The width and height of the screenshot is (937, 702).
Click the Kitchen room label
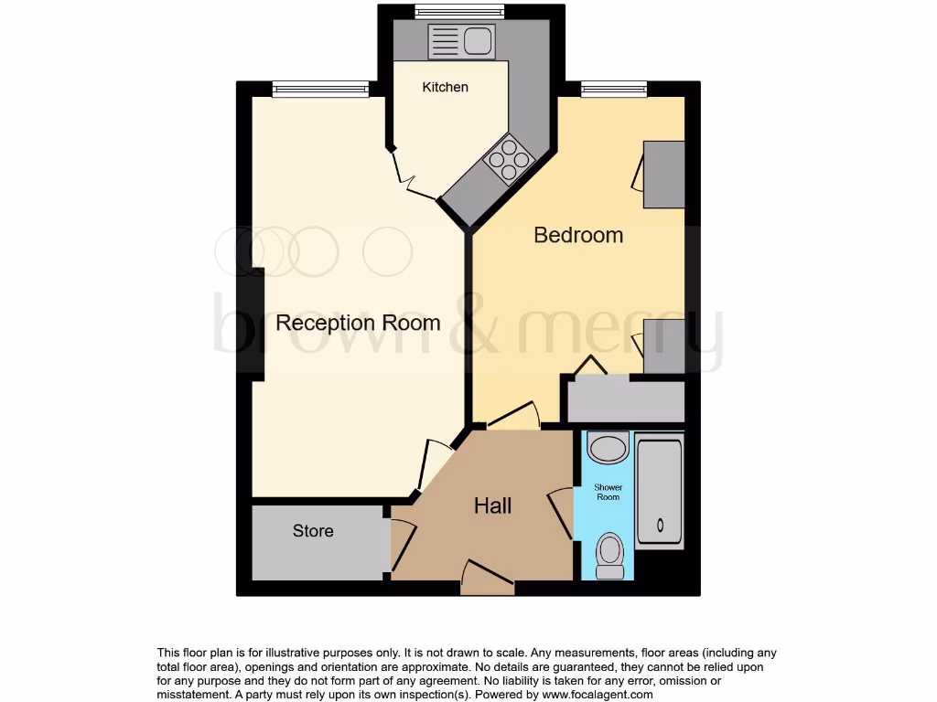tap(445, 87)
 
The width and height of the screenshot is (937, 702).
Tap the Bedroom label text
tap(578, 235)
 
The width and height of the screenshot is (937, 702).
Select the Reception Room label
tap(358, 323)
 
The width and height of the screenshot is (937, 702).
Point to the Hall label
tap(492, 505)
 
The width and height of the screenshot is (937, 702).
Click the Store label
tap(313, 531)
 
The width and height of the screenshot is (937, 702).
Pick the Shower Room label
tap(608, 492)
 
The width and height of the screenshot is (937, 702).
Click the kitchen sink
tap(461, 42)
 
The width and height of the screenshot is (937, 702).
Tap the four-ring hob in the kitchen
tap(510, 159)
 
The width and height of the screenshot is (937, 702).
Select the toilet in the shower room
tap(609, 556)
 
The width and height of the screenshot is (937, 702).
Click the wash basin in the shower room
tap(608, 448)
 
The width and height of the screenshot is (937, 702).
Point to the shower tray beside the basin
tap(659, 491)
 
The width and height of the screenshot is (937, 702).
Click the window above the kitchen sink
tap(458, 12)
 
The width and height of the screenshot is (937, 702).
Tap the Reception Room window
tap(320, 89)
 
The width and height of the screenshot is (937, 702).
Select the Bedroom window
tap(613, 89)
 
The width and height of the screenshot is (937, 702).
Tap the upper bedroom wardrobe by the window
tap(663, 174)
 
